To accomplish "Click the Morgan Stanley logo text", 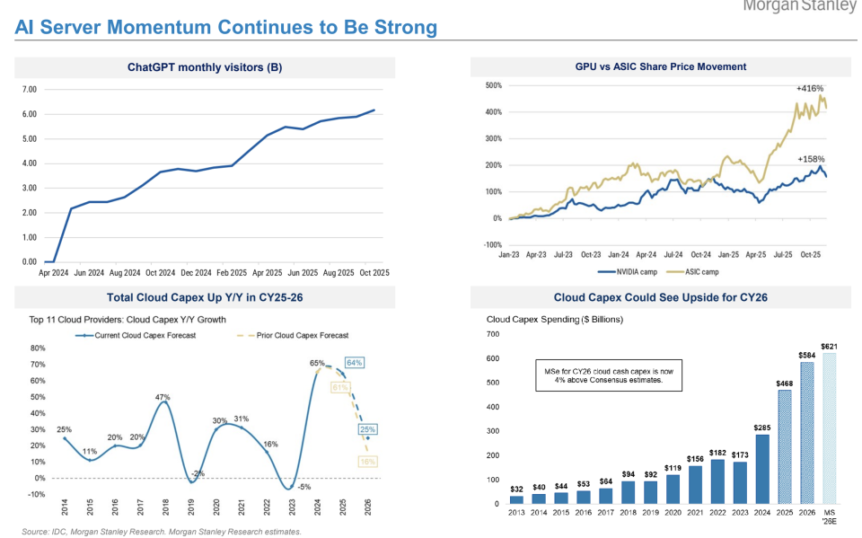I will (800, 5).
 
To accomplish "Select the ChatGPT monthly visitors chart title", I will (205, 67).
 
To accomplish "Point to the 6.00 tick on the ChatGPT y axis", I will (28, 114).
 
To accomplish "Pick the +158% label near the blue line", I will (811, 158).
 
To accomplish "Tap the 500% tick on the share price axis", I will (493, 86).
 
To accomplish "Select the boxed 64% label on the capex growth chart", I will (353, 362).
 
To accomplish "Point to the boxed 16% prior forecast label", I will (366, 461).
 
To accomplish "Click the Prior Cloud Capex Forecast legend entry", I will (302, 335).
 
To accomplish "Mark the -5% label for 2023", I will (303, 488).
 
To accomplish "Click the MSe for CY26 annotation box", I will (606, 374).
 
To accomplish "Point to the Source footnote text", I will (162, 532).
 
